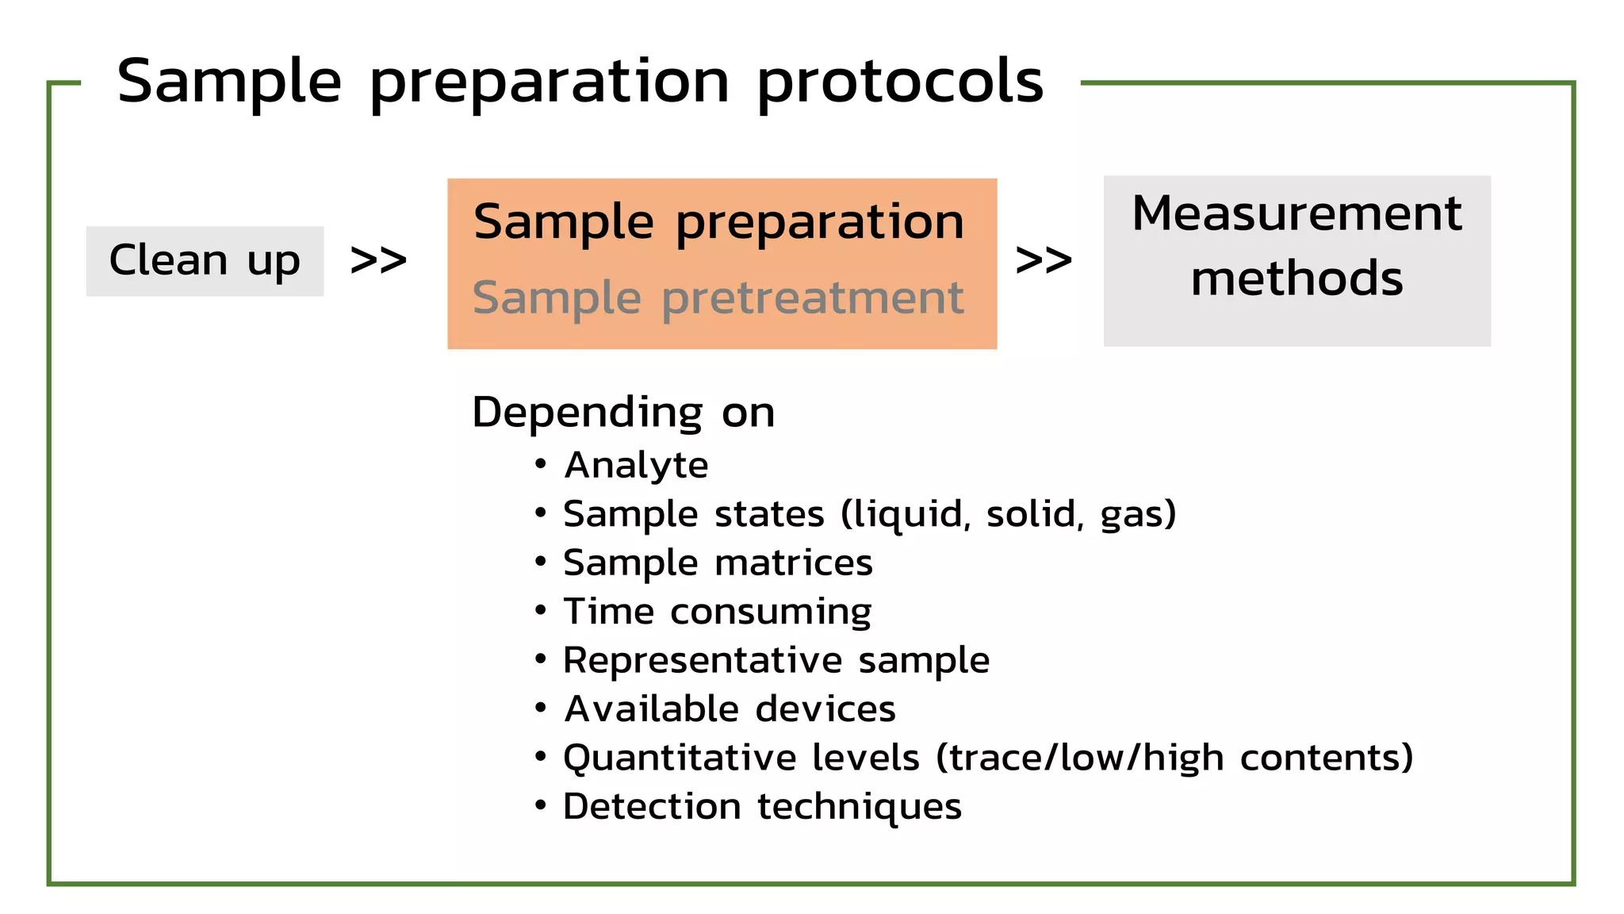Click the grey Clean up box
[x=205, y=261]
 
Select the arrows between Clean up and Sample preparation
[x=378, y=260]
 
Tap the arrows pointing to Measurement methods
[x=1044, y=260]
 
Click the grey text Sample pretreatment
[x=718, y=299]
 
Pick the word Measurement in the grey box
[x=1297, y=213]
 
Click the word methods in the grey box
[x=1297, y=278]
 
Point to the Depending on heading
[x=623, y=413]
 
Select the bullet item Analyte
[x=636, y=465]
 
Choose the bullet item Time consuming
[x=717, y=612]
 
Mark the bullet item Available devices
[x=730, y=709]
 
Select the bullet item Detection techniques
[x=762, y=807]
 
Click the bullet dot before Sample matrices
[x=541, y=563]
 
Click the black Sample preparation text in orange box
[x=718, y=221]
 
